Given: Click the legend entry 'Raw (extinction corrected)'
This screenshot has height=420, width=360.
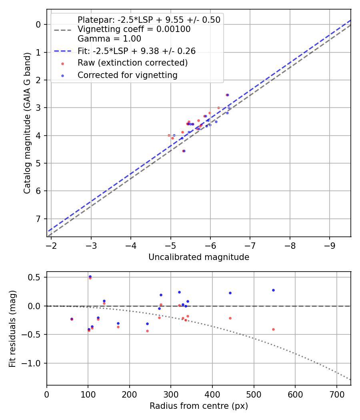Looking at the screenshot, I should pos(132,63).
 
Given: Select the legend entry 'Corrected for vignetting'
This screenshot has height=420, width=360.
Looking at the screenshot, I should pos(127,75).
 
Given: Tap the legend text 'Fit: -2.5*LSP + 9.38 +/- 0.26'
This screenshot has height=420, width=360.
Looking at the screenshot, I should pos(136,51).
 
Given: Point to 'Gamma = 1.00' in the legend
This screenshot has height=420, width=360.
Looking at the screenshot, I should pos(109,39).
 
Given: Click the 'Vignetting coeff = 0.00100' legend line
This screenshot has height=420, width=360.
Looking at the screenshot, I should pos(134,29).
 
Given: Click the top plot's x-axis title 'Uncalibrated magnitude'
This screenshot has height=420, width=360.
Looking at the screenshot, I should pos(199,257).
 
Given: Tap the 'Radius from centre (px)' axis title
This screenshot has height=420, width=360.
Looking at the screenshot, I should pos(199,406).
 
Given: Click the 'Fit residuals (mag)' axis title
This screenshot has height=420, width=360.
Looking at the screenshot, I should pos(12,328).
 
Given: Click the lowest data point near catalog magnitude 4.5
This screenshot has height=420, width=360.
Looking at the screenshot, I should pos(184,151).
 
